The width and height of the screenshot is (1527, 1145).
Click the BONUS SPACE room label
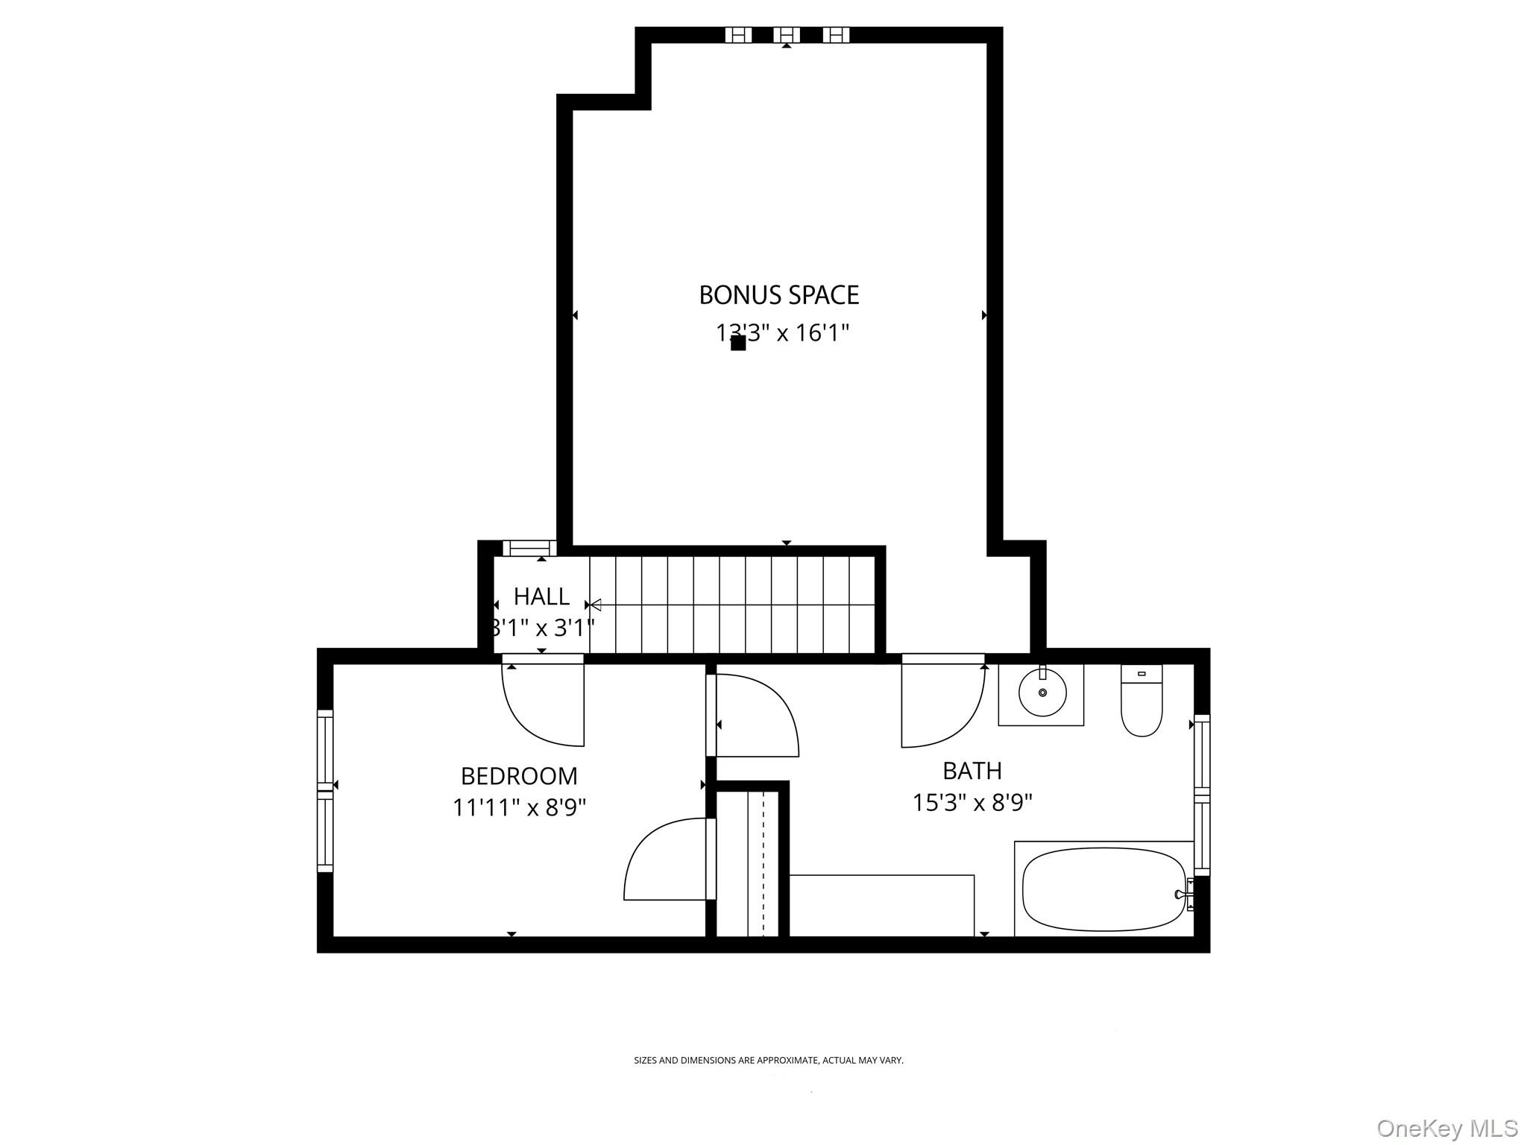778,295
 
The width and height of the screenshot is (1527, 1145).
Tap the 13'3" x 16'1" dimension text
783,332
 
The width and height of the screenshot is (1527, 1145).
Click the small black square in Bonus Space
738,343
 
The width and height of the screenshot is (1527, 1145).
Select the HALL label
541,596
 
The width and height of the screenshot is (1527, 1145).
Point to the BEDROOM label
519,776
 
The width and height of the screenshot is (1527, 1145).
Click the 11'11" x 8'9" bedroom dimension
519,807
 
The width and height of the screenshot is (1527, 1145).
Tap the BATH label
972,770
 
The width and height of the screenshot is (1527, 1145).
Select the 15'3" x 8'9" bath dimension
972,803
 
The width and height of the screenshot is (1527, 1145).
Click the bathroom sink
1042,693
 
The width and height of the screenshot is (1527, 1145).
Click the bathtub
1103,890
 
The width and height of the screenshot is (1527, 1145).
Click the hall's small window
529,549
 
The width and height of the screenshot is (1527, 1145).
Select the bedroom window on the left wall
325,790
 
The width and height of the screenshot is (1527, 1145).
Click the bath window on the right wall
1201,794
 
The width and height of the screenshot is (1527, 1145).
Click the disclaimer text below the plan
768,1060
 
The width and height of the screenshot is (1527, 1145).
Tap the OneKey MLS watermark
1446,1128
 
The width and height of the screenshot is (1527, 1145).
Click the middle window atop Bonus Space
786,35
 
